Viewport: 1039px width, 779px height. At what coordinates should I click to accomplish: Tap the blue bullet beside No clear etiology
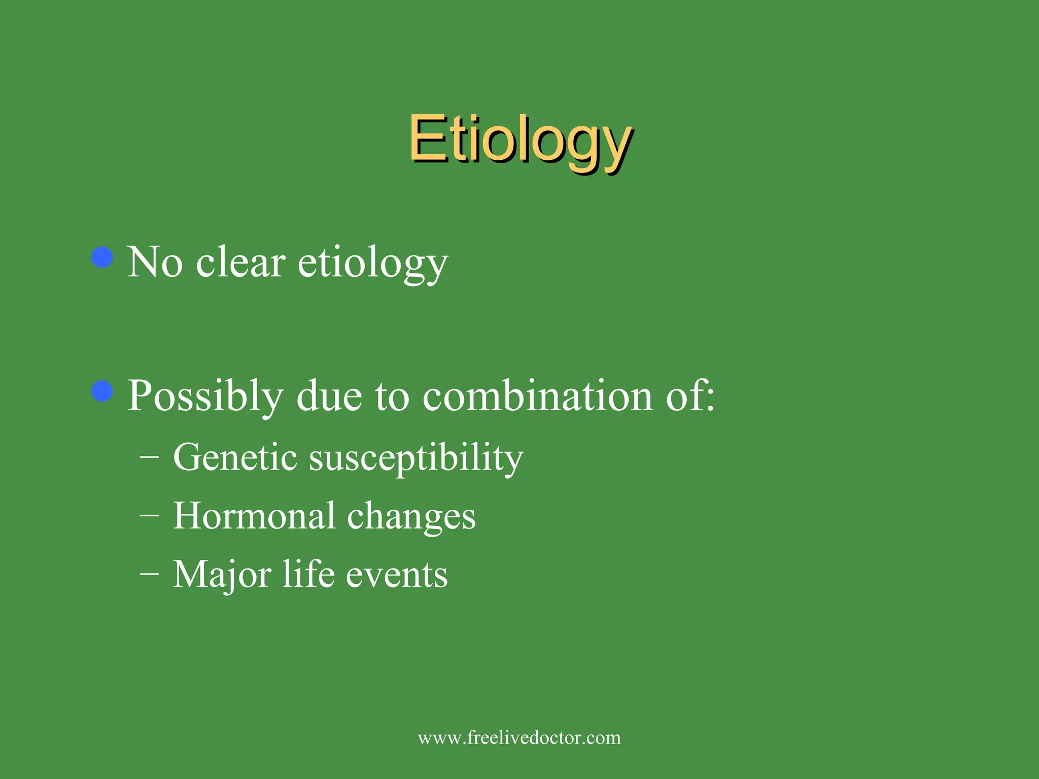tap(102, 257)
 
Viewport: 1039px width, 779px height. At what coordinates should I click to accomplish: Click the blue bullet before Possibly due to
tap(102, 391)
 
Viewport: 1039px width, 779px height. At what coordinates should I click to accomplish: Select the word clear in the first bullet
tap(240, 262)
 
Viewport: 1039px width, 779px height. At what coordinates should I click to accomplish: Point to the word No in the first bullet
tap(155, 262)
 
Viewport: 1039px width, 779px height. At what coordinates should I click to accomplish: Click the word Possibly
tap(205, 397)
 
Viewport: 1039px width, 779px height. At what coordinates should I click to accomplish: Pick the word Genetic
tap(235, 457)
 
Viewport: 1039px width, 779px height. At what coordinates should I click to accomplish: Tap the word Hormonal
tap(254, 516)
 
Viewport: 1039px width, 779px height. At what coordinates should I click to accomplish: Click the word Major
tap(222, 575)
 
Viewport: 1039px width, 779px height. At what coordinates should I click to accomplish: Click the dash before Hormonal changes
tap(149, 516)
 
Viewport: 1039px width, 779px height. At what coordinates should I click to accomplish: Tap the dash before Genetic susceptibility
tap(149, 457)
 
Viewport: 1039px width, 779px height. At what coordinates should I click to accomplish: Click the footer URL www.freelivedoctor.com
tap(519, 737)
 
